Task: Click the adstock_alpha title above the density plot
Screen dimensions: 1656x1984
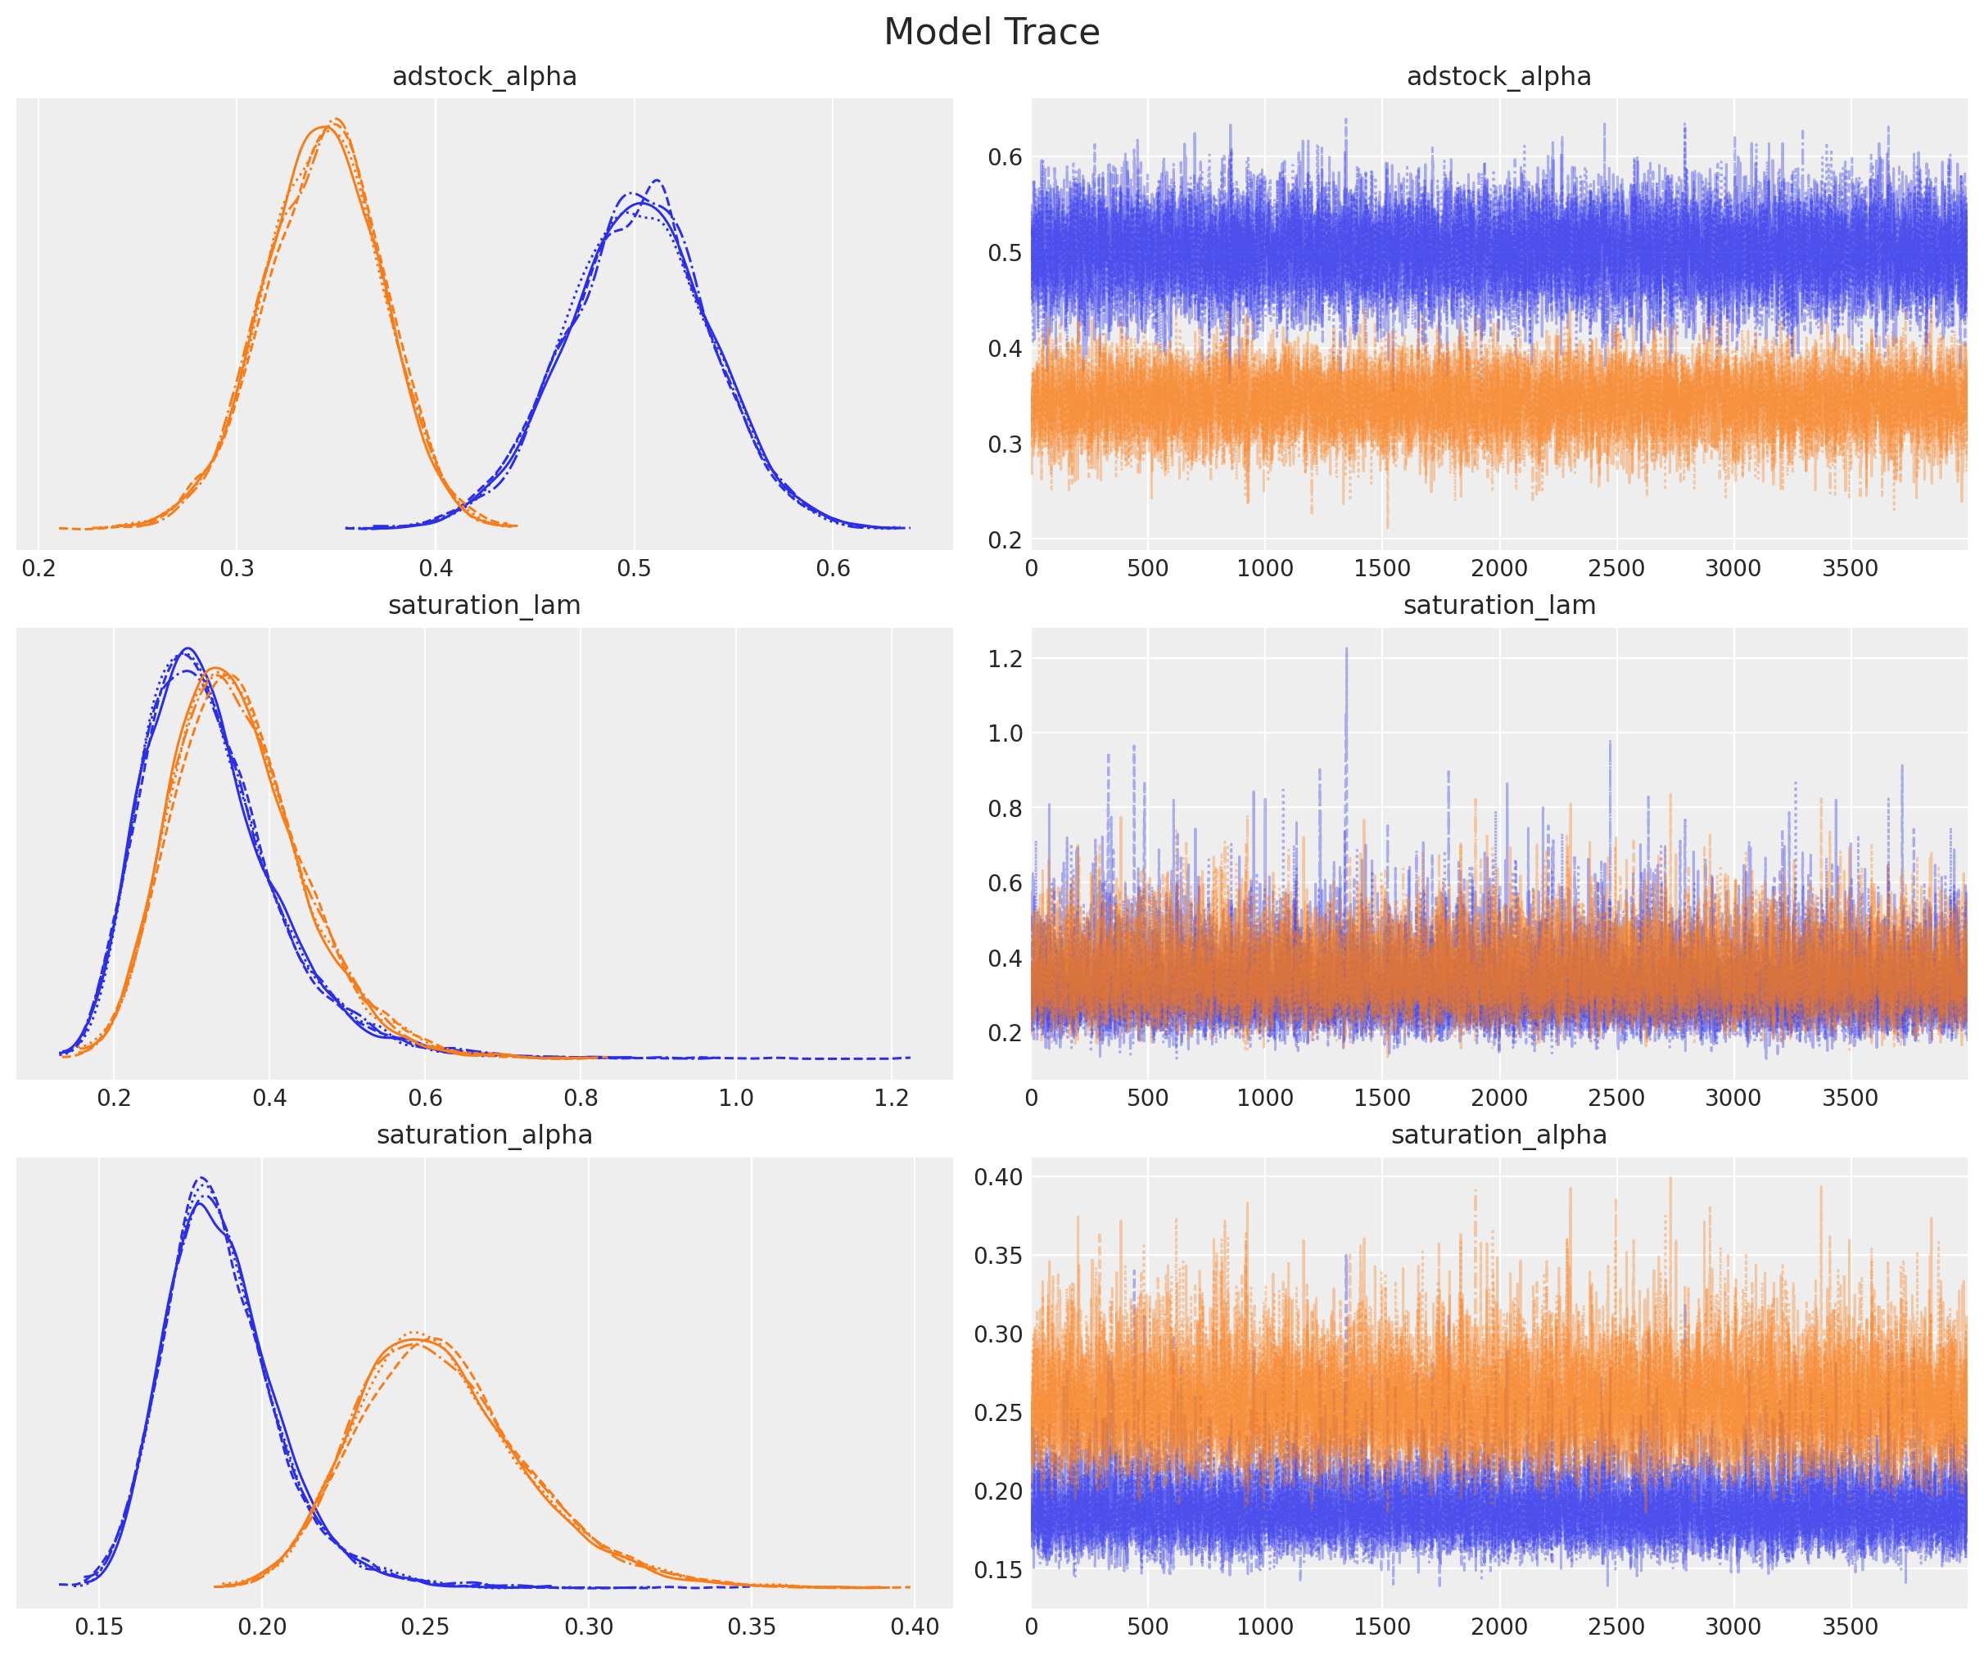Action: coord(484,76)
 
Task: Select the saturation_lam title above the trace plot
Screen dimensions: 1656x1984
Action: coord(1498,606)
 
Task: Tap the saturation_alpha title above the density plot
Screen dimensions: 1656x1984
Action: coord(484,1135)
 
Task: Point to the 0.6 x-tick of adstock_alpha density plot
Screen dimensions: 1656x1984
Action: coord(833,569)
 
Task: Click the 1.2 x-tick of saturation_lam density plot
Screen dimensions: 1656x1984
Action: coord(891,1098)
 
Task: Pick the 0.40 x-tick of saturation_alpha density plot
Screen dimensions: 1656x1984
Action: coord(915,1627)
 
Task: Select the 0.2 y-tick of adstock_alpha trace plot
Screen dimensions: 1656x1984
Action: coord(1006,539)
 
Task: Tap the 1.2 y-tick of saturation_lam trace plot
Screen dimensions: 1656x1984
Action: coord(1006,658)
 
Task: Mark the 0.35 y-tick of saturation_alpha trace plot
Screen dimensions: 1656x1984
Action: coord(999,1256)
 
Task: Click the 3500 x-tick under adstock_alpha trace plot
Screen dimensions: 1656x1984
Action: coord(1849,569)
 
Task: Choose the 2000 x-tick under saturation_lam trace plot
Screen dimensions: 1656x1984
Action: coord(1498,1098)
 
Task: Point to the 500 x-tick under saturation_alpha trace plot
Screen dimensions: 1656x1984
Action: coord(1147,1627)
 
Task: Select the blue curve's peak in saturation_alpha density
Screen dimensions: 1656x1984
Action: coord(201,1179)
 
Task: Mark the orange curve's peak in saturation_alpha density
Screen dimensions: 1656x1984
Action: coord(416,1333)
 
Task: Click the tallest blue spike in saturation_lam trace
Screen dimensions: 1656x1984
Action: coord(1346,649)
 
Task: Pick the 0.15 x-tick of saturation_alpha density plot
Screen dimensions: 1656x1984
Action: coord(99,1627)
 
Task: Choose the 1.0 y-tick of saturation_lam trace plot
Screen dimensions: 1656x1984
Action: coord(1006,733)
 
